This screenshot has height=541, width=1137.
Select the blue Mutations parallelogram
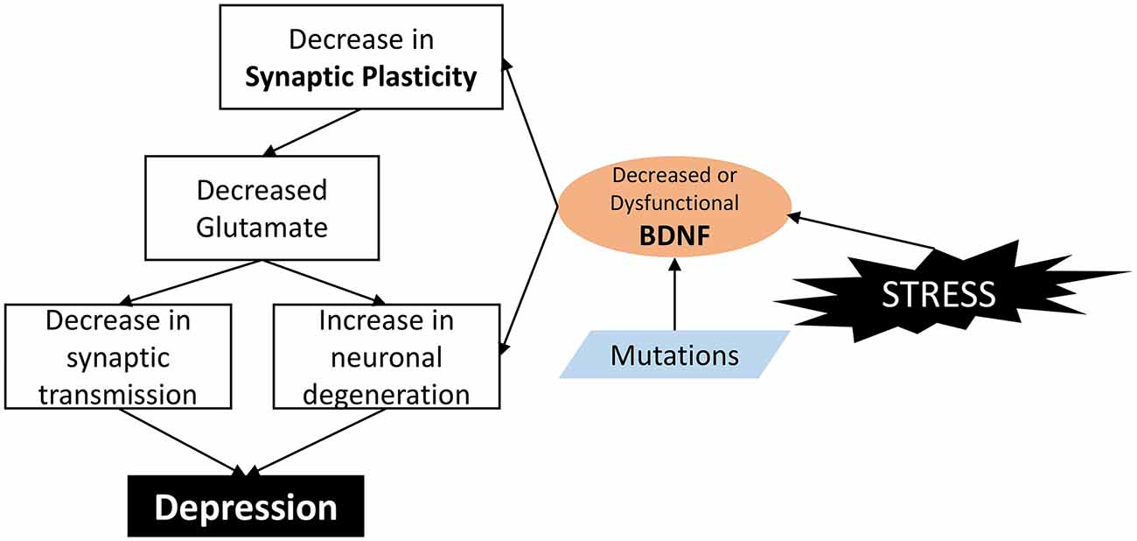pos(674,355)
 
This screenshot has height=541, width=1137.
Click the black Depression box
pos(246,507)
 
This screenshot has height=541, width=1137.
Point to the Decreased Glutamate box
pos(262,208)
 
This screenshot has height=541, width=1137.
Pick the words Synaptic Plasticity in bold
pos(360,77)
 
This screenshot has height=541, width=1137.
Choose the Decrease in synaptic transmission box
pos(118,355)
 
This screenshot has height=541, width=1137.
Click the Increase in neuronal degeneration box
pos(386,355)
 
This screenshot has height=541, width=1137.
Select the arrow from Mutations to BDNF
pos(674,298)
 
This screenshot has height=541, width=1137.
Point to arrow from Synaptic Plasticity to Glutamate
pos(314,131)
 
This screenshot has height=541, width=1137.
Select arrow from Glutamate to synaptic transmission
pos(192,281)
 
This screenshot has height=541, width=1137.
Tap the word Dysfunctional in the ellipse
pos(673,203)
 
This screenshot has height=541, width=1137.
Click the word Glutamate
pos(262,227)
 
